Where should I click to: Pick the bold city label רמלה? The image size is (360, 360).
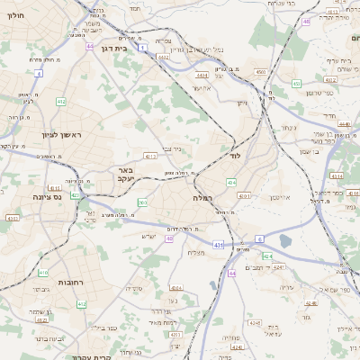(203, 196)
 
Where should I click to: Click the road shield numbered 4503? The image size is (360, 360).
(260, 71)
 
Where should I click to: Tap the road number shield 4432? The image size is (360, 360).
(163, 57)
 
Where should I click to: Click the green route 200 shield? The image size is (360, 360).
(141, 202)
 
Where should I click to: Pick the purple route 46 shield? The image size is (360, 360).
(307, 21)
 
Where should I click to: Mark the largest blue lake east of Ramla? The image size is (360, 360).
(285, 241)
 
